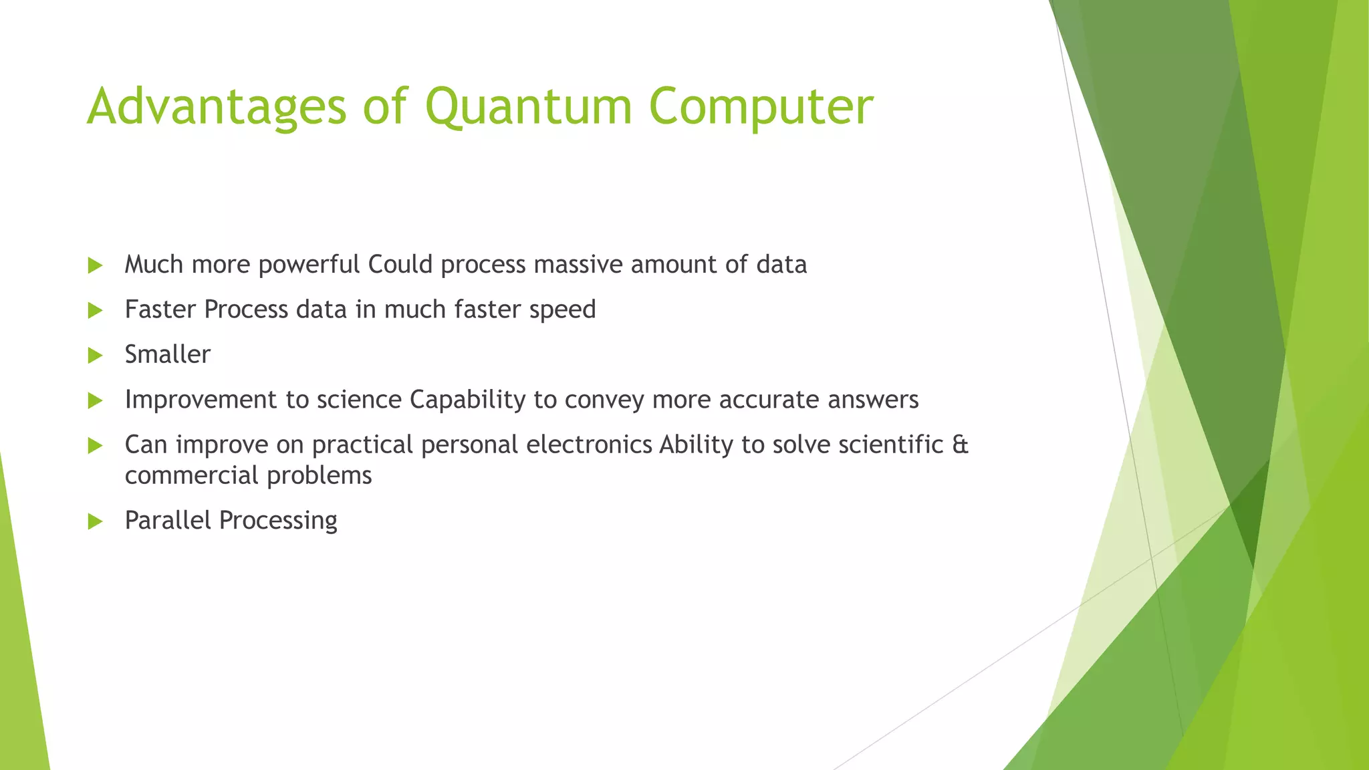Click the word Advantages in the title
(x=217, y=107)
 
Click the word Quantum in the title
(x=528, y=107)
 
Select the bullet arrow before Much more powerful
(x=95, y=265)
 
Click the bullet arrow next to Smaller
(x=95, y=355)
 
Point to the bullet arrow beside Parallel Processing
(x=95, y=521)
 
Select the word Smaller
(x=167, y=354)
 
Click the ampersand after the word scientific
(x=960, y=444)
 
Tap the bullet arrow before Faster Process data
(x=95, y=310)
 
